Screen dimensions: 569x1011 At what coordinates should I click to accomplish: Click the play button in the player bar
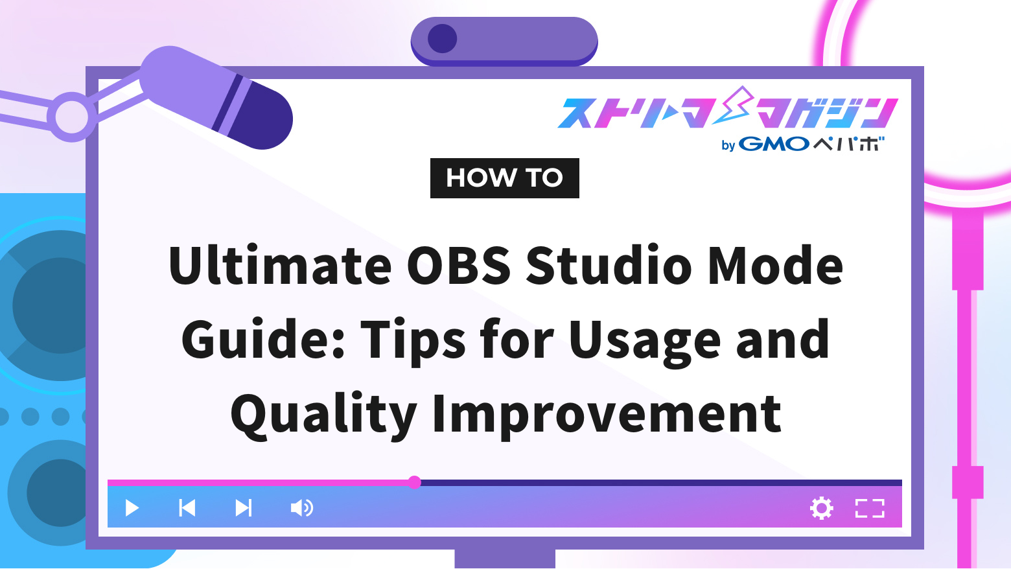click(132, 508)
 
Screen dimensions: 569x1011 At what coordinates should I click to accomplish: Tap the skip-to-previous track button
click(187, 508)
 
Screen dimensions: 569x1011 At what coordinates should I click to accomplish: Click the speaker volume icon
click(301, 508)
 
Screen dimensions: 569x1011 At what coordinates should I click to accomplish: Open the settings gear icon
click(821, 508)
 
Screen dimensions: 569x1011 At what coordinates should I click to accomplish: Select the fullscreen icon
click(870, 508)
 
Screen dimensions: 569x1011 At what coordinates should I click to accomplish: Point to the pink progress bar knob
click(415, 482)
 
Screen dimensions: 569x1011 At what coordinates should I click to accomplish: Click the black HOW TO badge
click(504, 178)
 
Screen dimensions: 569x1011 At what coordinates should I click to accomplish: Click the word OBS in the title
click(459, 266)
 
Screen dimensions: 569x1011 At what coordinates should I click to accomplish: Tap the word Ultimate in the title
click(280, 266)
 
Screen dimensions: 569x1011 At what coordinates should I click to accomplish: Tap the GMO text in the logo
click(774, 144)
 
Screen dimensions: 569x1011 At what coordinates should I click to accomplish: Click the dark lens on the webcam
click(443, 39)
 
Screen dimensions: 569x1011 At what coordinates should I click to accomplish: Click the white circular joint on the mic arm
click(71, 117)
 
